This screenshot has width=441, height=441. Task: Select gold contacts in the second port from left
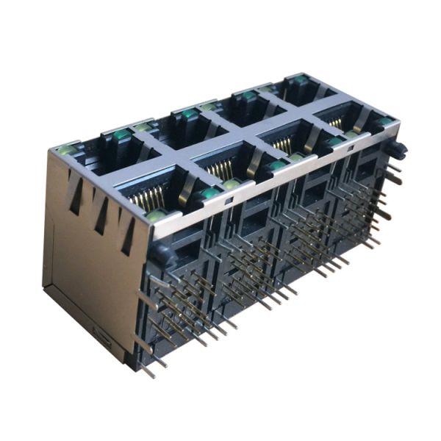point(220,170)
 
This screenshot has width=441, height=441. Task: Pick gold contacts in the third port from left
point(282,145)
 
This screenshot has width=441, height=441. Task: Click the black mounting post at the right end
point(398,150)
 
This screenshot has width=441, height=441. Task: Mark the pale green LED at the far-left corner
point(67,149)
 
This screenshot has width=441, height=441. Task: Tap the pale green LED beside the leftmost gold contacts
point(156,215)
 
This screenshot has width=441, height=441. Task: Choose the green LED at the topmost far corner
point(301,79)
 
